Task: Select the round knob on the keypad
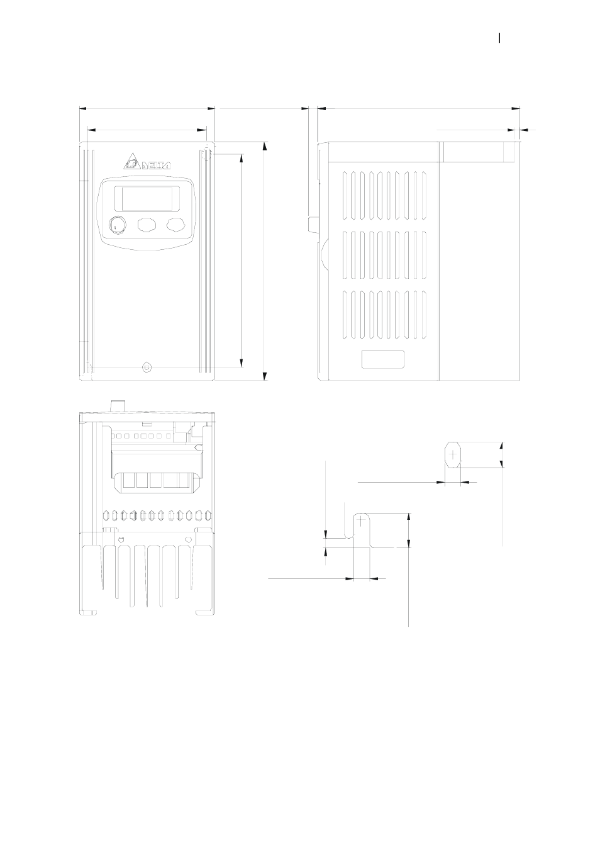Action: click(x=117, y=224)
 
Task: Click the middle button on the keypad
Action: click(x=147, y=225)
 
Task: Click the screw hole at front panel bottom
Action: click(x=147, y=366)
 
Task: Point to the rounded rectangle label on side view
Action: click(x=383, y=359)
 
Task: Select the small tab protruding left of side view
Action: click(x=313, y=224)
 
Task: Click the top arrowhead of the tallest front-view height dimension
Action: click(x=265, y=146)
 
